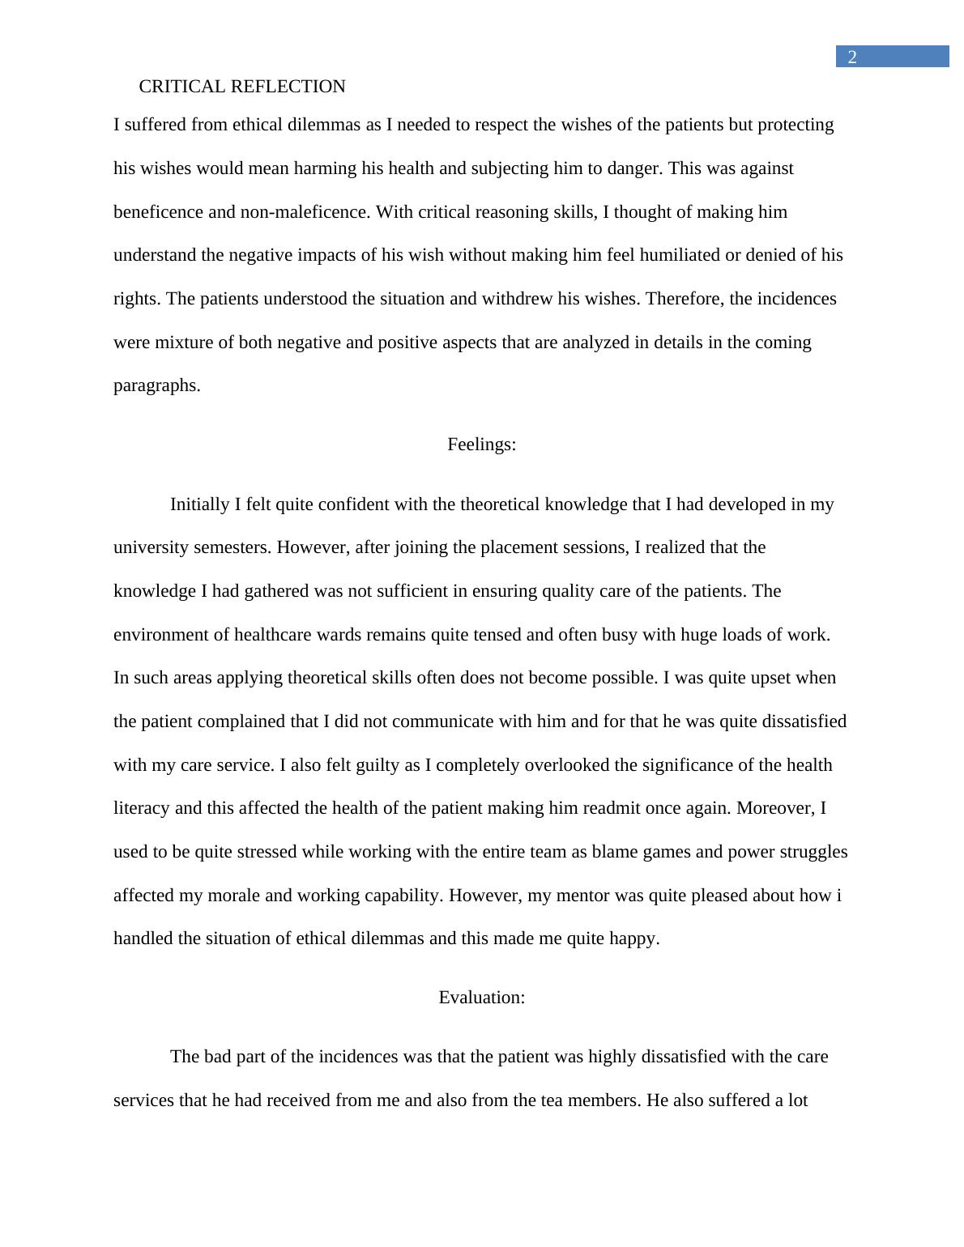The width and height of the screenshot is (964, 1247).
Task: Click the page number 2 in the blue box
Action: click(852, 57)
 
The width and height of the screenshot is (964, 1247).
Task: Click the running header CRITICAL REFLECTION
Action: click(242, 87)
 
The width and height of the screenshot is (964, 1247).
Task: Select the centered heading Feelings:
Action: click(481, 445)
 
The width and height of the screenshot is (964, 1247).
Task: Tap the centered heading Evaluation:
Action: click(481, 998)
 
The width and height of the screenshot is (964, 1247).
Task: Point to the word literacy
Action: click(141, 808)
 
